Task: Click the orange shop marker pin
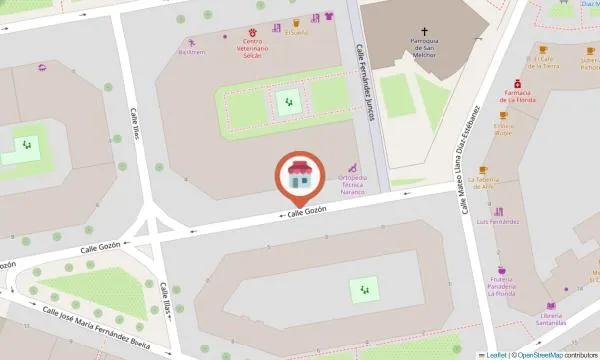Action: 299,178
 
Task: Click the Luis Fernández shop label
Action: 497,220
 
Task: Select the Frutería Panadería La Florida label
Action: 500,287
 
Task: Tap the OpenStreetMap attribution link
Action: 546,354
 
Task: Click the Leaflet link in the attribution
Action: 496,354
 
